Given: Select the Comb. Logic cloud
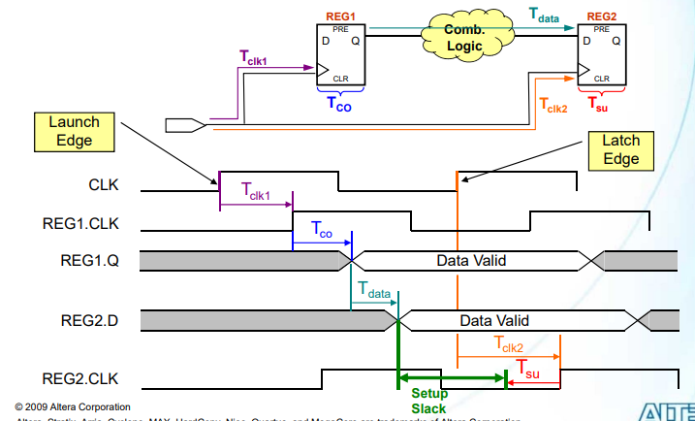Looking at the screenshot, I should click(x=463, y=39).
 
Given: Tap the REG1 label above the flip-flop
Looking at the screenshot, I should click(x=340, y=16).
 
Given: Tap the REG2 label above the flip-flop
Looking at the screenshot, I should click(x=601, y=16).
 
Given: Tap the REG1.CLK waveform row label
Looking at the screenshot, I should click(x=81, y=224).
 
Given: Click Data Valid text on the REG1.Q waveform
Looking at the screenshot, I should click(x=470, y=260).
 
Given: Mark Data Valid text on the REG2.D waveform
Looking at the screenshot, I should click(x=494, y=319).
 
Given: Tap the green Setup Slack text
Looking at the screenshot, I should click(x=429, y=400).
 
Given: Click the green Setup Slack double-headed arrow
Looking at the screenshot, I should click(x=452, y=377).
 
